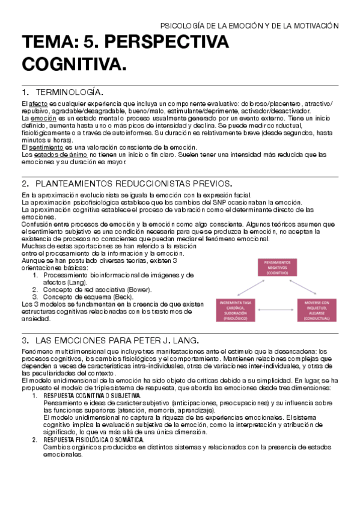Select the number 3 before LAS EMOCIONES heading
pyautogui.click(x=24, y=341)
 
